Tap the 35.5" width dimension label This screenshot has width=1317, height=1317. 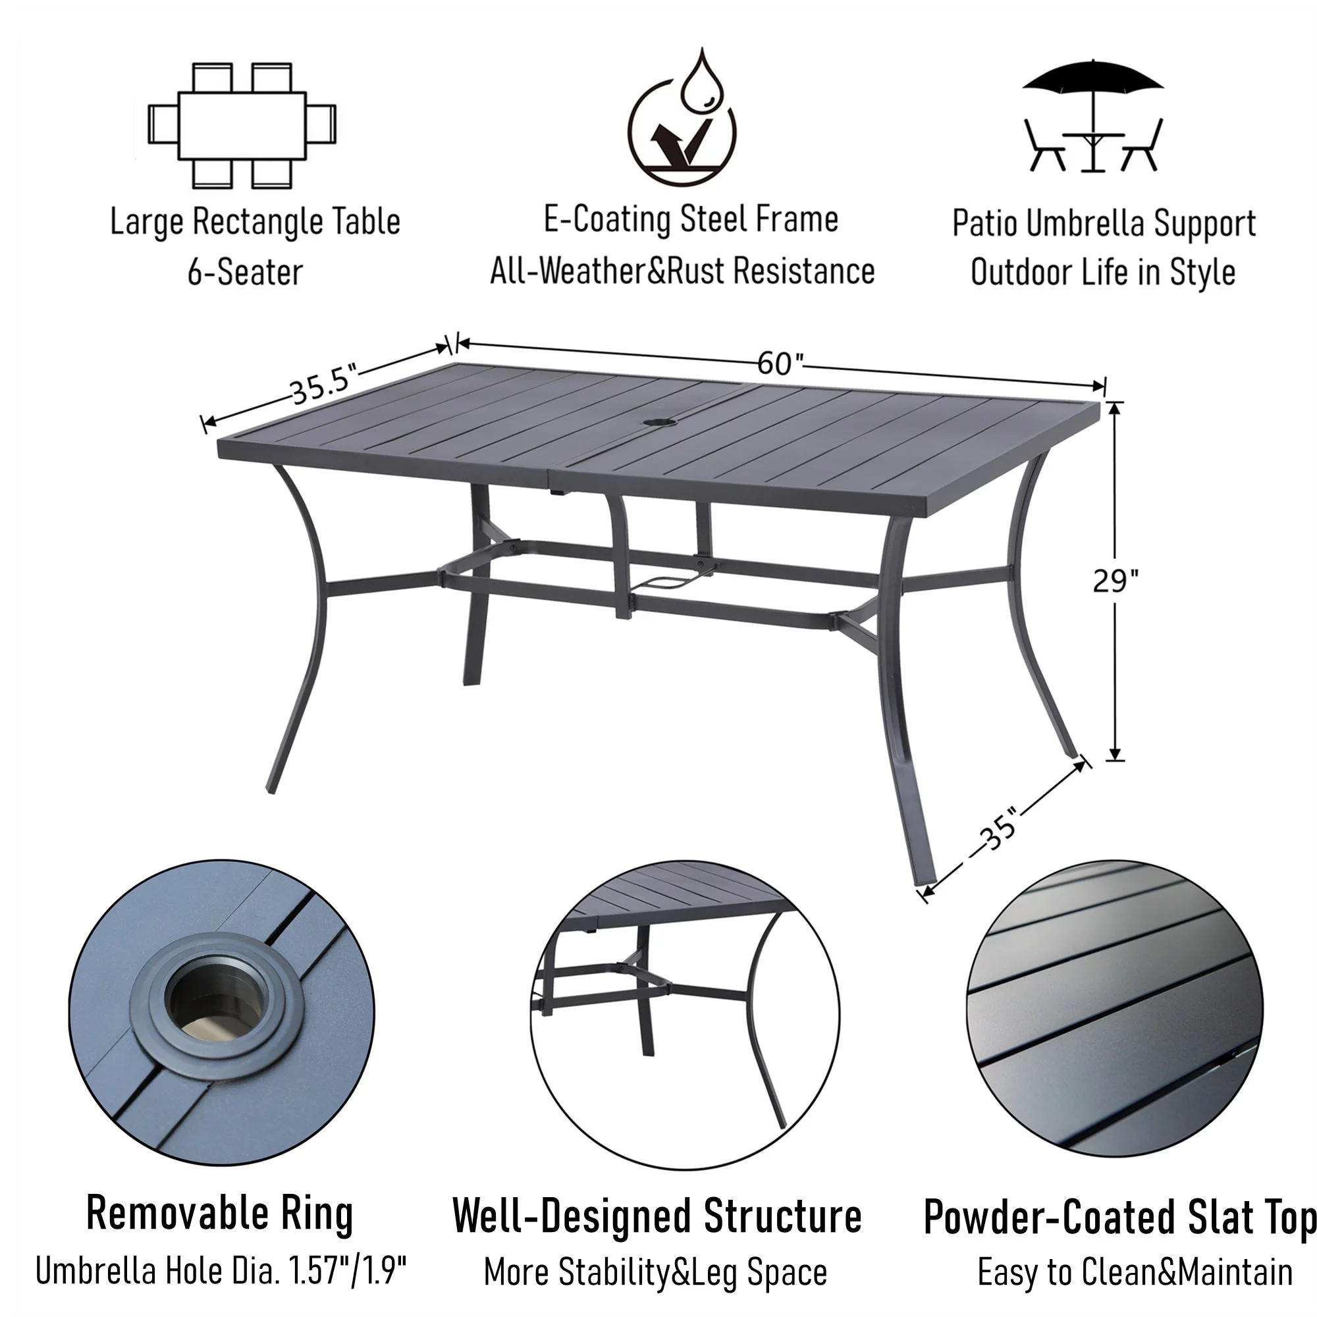tap(323, 385)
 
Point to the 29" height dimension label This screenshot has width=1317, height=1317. tap(1115, 581)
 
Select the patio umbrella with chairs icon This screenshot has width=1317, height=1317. tap(1092, 117)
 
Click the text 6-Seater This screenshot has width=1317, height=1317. tap(245, 272)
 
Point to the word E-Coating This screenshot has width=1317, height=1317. tap(606, 219)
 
